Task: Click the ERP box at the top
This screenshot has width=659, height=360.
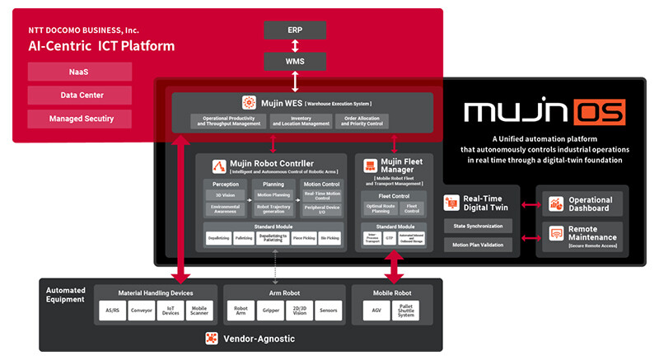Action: coord(294,30)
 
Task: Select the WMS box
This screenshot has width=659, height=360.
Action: coord(294,61)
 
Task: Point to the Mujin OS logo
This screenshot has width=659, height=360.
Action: coord(544,111)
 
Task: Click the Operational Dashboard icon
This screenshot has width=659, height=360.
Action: coord(555,203)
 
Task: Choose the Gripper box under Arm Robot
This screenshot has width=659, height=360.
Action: coord(269,311)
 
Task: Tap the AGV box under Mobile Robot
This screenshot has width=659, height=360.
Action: coord(376,311)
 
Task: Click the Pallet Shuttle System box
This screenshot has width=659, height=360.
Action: coord(408,311)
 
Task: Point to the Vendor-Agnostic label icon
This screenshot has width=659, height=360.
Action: coord(211,339)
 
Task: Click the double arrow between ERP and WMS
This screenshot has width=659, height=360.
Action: coord(294,45)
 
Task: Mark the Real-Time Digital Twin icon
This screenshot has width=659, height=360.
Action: coord(451,203)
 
